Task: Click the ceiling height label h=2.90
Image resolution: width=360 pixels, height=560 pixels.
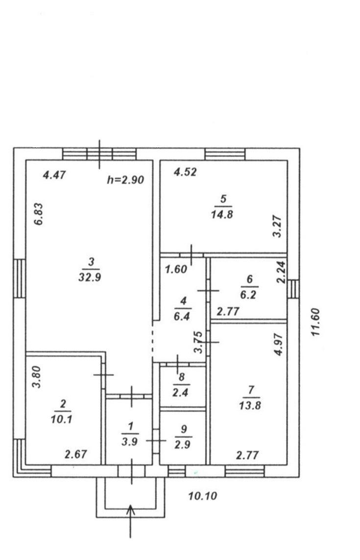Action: pyautogui.click(x=125, y=180)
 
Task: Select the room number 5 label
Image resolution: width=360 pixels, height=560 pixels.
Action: pyautogui.click(x=223, y=199)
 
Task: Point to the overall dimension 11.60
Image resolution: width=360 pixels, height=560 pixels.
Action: pyautogui.click(x=315, y=322)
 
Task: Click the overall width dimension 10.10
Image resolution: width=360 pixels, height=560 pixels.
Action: pyautogui.click(x=202, y=496)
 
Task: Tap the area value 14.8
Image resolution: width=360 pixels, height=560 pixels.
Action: pyautogui.click(x=222, y=214)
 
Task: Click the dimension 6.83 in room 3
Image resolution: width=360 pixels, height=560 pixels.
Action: pyautogui.click(x=39, y=214)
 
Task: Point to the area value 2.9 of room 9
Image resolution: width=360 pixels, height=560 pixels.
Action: pyautogui.click(x=182, y=444)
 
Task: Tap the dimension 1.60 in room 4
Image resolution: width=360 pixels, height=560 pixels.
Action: pyautogui.click(x=176, y=269)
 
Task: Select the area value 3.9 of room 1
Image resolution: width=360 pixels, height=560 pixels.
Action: pyautogui.click(x=129, y=442)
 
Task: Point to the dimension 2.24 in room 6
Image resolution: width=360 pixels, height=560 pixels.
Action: pyautogui.click(x=281, y=272)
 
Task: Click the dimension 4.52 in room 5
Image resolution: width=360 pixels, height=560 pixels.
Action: pyautogui.click(x=185, y=172)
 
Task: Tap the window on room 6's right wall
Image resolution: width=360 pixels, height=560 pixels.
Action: pyautogui.click(x=293, y=289)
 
